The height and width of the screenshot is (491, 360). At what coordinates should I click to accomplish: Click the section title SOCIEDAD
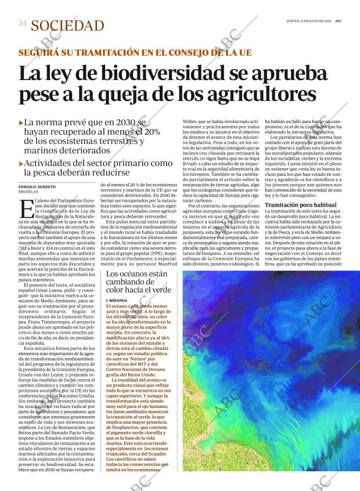[x=67, y=26]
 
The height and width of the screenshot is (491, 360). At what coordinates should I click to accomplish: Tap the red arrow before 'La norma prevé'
[x=21, y=122]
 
